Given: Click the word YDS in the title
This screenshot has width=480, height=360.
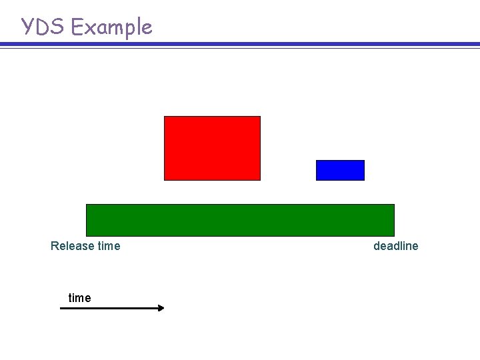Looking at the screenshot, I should point(44,27).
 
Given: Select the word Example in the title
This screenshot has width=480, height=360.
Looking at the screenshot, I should point(112,28).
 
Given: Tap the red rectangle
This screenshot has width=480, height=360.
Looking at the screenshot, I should point(212,148).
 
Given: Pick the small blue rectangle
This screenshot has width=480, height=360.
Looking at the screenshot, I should point(340,170).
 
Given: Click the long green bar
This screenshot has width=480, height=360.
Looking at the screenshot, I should point(240,220).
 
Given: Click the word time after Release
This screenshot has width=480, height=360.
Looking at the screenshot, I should point(109,246).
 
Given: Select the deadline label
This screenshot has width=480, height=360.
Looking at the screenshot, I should point(396,246).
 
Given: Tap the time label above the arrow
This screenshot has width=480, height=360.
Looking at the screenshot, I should point(79,298).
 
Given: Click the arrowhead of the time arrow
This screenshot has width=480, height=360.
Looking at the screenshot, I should point(161,308).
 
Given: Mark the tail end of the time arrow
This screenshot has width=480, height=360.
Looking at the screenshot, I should point(61,308).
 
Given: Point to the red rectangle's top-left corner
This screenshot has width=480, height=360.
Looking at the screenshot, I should point(165,117).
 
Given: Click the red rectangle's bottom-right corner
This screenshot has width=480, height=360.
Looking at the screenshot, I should point(260,180).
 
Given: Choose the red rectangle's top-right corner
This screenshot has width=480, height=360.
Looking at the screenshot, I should point(260,117).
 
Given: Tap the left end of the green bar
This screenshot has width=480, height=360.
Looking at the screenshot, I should point(87,220).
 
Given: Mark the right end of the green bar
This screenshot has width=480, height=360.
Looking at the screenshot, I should point(393,220).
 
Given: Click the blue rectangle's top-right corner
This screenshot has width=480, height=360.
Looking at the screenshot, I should point(364,161).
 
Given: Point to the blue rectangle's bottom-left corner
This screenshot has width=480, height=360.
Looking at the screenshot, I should point(317,180).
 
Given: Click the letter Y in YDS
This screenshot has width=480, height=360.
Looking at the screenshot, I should point(28,27).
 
